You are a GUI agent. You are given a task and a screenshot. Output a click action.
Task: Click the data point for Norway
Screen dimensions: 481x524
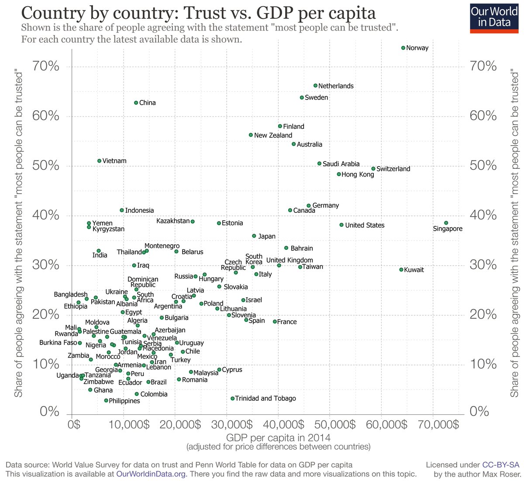[x=403, y=48]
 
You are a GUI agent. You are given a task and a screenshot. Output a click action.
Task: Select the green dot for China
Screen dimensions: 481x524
[x=136, y=102]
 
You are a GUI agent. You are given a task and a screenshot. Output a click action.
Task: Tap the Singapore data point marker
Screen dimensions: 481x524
[x=446, y=223]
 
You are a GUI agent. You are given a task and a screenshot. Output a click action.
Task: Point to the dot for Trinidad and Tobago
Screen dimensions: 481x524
[x=232, y=398]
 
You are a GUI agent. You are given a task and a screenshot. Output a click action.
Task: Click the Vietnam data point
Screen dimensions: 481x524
[x=99, y=160]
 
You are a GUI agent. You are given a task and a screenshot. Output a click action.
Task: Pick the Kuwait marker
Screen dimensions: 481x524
[x=401, y=269]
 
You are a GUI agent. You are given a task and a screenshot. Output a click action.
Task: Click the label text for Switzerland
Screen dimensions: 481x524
[x=393, y=169]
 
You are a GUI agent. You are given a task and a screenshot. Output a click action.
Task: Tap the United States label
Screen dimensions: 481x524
[x=365, y=225]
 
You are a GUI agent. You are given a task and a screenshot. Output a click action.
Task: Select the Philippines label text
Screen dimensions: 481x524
[x=124, y=401]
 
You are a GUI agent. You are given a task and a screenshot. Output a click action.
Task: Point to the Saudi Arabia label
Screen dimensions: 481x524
[x=341, y=164]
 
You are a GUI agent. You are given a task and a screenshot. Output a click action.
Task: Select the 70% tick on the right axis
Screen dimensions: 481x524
[x=484, y=66]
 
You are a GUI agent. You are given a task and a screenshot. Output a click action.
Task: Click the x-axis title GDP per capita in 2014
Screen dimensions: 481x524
[x=278, y=437]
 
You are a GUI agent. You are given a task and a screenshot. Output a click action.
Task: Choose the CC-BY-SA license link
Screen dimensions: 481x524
[x=501, y=465]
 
